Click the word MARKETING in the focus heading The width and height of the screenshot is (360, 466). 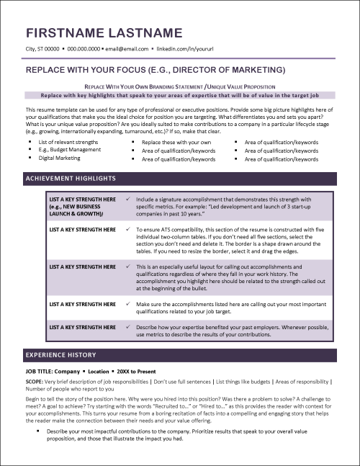pyautogui.click(x=255, y=70)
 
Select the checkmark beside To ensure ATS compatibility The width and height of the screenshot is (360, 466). pyautogui.click(x=127, y=229)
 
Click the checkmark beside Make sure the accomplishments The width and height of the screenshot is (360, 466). pyautogui.click(x=127, y=304)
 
